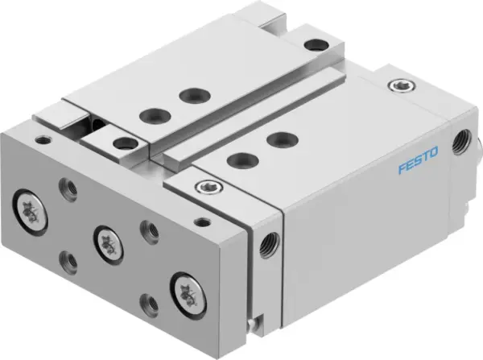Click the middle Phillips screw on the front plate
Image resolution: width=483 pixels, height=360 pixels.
click(x=106, y=238)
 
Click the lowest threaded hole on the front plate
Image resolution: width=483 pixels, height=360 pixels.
click(x=149, y=303)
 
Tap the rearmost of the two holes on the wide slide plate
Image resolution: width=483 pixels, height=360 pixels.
click(x=190, y=96)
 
